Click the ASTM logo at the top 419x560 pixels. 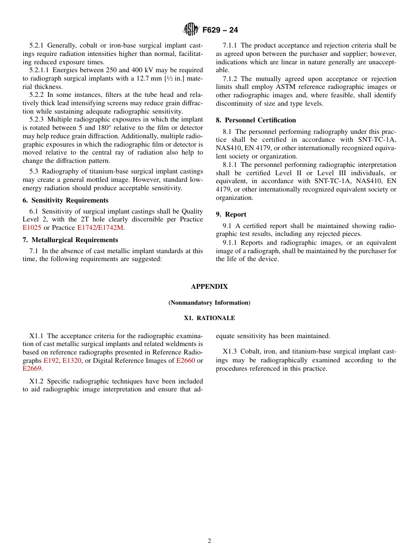(x=191, y=29)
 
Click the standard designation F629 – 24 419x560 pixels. (x=220, y=30)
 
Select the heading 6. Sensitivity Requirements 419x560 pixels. (x=65, y=200)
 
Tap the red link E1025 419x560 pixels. (x=32, y=228)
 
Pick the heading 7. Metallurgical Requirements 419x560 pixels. (x=70, y=240)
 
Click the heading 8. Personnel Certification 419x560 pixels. (x=256, y=120)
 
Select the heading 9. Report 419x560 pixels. (x=231, y=214)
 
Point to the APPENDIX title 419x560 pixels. (x=209, y=287)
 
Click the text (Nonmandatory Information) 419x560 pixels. (x=209, y=303)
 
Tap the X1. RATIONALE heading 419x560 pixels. (x=209, y=318)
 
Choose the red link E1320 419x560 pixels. (x=71, y=361)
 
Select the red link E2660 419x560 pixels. (x=185, y=361)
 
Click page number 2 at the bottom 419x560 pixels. (x=209, y=541)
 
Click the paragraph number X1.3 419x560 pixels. (x=230, y=352)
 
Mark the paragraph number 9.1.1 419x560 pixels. (x=231, y=243)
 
